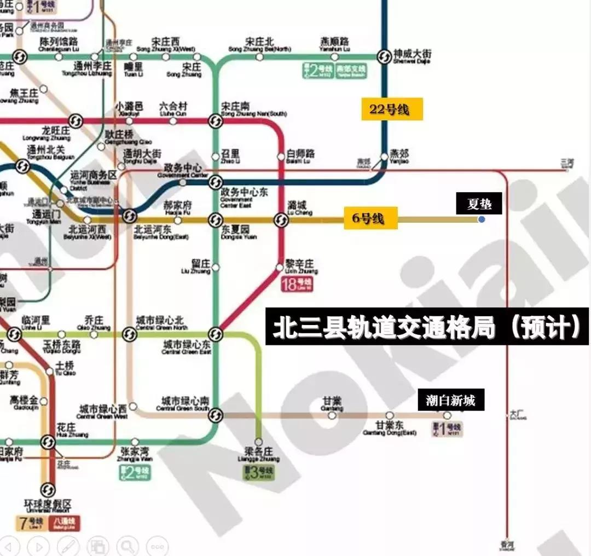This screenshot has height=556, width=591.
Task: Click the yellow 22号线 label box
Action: point(391,109)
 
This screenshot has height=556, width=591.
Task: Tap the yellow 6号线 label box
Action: point(370,218)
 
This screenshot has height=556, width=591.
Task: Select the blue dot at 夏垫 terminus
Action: point(481,219)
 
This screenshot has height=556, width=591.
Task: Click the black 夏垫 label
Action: point(479,204)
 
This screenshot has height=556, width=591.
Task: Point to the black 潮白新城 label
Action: point(451,401)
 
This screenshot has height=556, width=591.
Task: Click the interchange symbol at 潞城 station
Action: point(281,220)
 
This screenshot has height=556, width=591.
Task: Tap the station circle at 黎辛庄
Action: point(280,268)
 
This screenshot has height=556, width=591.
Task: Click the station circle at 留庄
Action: point(216,267)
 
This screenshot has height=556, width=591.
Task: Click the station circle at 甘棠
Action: point(332,415)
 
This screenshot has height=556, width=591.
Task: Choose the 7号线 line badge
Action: point(31,523)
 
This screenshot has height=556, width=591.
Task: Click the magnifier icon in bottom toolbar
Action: point(127,546)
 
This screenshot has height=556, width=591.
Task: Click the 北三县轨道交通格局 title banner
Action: point(427,327)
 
